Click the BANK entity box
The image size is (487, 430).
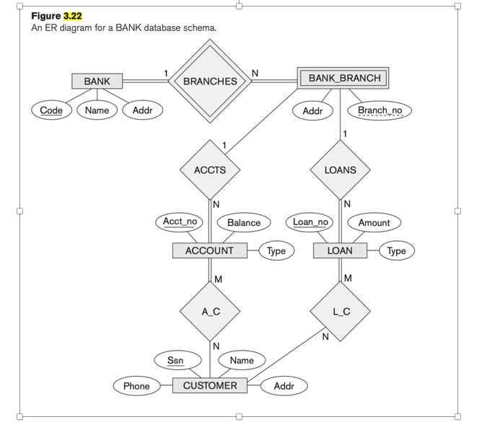click(97, 82)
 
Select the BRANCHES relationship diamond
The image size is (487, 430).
click(210, 82)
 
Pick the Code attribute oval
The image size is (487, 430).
click(51, 110)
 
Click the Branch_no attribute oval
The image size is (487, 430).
click(379, 110)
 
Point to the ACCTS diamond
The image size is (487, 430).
click(210, 170)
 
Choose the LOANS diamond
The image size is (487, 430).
click(340, 170)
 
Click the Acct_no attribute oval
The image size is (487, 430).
click(180, 221)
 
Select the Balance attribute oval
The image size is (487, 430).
click(244, 223)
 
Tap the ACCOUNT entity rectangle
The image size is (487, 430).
click(209, 251)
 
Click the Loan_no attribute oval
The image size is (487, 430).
click(310, 221)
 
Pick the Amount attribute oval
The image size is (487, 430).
click(374, 223)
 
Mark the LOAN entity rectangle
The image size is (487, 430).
click(340, 251)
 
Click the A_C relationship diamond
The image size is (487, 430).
click(210, 312)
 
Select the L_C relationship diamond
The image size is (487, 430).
click(341, 312)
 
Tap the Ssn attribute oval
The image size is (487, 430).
click(175, 360)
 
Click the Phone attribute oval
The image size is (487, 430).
click(136, 386)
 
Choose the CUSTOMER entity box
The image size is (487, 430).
click(210, 386)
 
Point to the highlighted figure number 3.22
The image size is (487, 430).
click(73, 15)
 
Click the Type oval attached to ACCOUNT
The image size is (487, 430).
click(276, 251)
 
